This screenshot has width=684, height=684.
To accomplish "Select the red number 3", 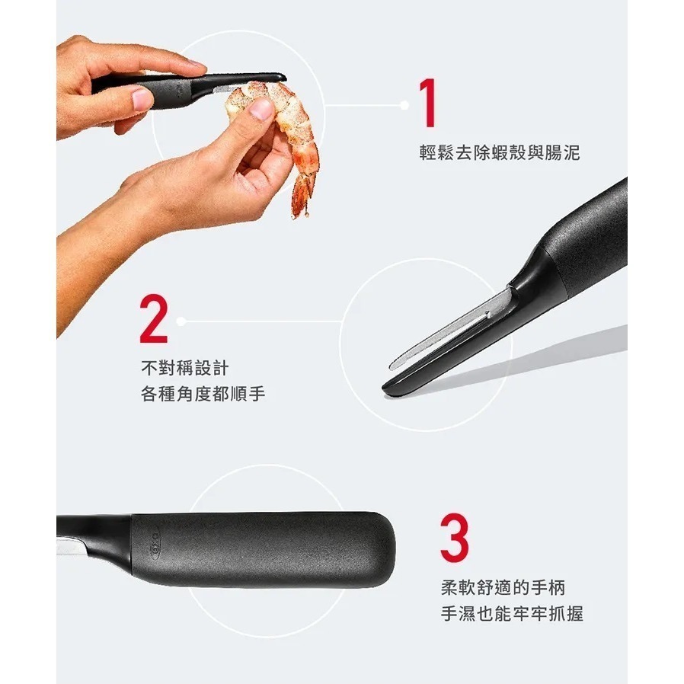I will tap(455, 538).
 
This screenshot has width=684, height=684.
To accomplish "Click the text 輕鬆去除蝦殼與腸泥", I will tap(499, 153).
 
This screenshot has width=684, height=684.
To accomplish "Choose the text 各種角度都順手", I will tap(203, 395).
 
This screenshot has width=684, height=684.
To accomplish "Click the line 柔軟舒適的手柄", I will tap(503, 588).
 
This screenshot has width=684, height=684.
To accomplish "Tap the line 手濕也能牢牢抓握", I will tap(512, 614).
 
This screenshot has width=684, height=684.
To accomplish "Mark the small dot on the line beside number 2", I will tap(182, 321).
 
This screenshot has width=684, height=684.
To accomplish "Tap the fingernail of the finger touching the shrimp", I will tap(261, 110).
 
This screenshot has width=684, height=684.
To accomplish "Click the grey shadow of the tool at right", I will tap(533, 358).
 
